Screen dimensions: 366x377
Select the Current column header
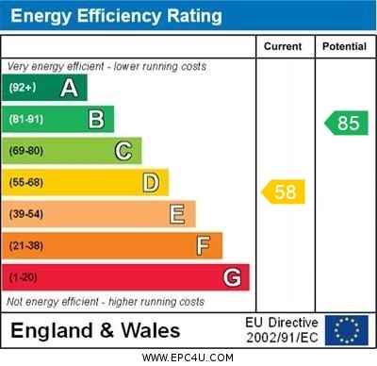(283, 46)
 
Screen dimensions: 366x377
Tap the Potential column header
(344, 46)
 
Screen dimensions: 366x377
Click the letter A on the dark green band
(69, 88)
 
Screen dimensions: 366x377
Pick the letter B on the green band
(95, 119)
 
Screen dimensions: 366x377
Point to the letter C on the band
(123, 151)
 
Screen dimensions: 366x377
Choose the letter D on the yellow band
(150, 182)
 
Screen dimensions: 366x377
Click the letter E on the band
(176, 214)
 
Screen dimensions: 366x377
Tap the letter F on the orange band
(203, 245)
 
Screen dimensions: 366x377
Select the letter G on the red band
(232, 277)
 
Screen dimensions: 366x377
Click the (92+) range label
(24, 88)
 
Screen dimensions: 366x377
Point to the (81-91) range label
(26, 119)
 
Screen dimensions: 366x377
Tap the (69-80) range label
(26, 151)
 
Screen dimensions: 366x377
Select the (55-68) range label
(26, 182)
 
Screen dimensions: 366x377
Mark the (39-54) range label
(26, 214)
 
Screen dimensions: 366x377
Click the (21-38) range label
(26, 245)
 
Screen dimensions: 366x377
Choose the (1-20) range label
(24, 277)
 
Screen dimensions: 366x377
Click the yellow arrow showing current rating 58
(283, 192)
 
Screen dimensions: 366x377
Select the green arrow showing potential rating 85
(346, 123)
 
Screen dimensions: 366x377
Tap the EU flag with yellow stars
(346, 330)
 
